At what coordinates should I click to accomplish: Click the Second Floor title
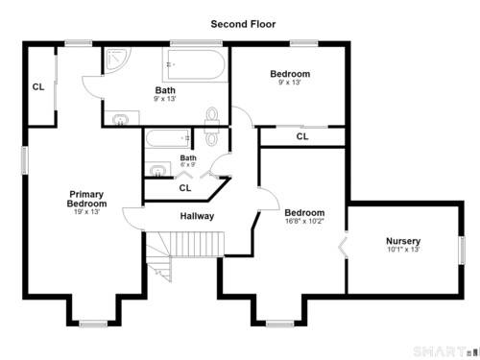pyautogui.click(x=243, y=24)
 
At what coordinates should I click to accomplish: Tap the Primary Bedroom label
pyautogui.click(x=86, y=199)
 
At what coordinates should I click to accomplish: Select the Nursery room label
pyautogui.click(x=403, y=241)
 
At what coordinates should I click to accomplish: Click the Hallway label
pyautogui.click(x=197, y=216)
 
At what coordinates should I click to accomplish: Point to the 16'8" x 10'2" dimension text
pyautogui.click(x=304, y=221)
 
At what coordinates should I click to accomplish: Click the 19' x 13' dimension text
pyautogui.click(x=86, y=212)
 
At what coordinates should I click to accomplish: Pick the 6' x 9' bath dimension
pyautogui.click(x=188, y=165)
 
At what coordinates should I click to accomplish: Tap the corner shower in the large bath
pyautogui.click(x=117, y=60)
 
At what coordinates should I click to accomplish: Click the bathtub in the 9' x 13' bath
pyautogui.click(x=195, y=64)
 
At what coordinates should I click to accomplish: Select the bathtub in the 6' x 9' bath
pyautogui.click(x=168, y=138)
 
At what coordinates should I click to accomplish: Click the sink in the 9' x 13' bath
pyautogui.click(x=121, y=120)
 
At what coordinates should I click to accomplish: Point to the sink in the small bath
pyautogui.click(x=157, y=170)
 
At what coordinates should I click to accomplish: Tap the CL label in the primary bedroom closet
pyautogui.click(x=38, y=87)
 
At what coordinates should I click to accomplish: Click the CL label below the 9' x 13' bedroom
pyautogui.click(x=302, y=136)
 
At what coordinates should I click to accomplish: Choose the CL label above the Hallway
pyautogui.click(x=185, y=188)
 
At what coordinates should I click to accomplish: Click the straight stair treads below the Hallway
pyautogui.click(x=197, y=244)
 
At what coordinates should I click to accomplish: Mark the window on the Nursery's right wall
pyautogui.click(x=462, y=251)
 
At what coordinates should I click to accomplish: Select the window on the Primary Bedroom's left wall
pyautogui.click(x=25, y=160)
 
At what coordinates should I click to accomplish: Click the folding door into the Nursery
pyautogui.click(x=343, y=247)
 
